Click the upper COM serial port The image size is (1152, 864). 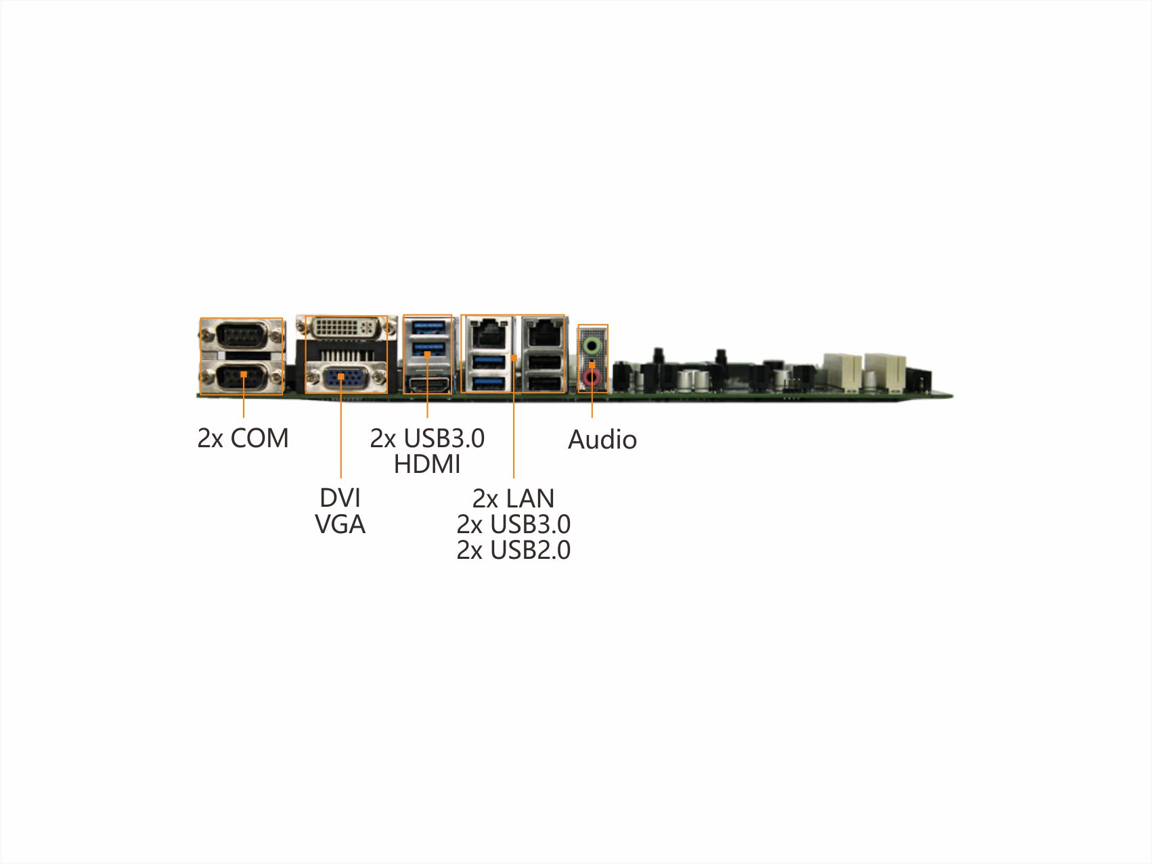pyautogui.click(x=242, y=334)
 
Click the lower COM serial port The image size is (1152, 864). pyautogui.click(x=242, y=377)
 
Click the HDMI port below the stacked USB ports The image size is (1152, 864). pyautogui.click(x=427, y=384)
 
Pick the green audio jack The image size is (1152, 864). pyautogui.click(x=592, y=345)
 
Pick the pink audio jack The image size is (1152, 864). pyautogui.click(x=592, y=378)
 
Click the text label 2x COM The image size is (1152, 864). pyautogui.click(x=243, y=438)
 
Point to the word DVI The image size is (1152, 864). pyautogui.click(x=340, y=498)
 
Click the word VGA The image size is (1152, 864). pyautogui.click(x=340, y=524)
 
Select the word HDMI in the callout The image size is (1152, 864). pyautogui.click(x=427, y=465)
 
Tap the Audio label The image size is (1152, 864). pyautogui.click(x=602, y=440)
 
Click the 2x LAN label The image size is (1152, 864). pyautogui.click(x=513, y=499)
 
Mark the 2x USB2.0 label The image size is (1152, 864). pyautogui.click(x=513, y=550)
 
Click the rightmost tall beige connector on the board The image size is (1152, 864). pyautogui.click(x=885, y=371)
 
